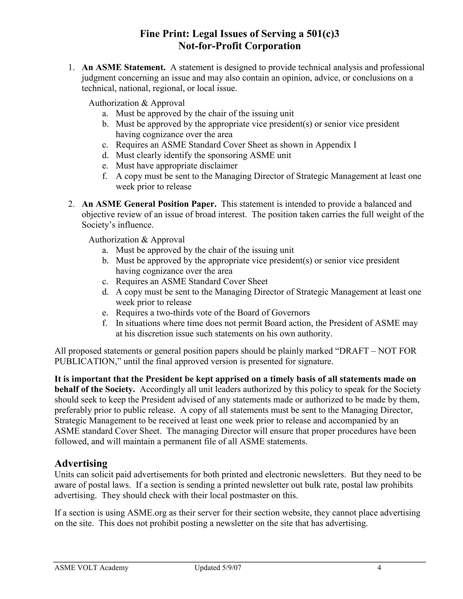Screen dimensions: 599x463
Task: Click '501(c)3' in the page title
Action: point(323,34)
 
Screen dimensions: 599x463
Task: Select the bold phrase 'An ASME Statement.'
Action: point(123,67)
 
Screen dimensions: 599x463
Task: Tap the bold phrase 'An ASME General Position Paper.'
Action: point(149,204)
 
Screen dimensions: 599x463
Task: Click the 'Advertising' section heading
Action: point(81,463)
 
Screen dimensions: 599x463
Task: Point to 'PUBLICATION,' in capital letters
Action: point(88,361)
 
